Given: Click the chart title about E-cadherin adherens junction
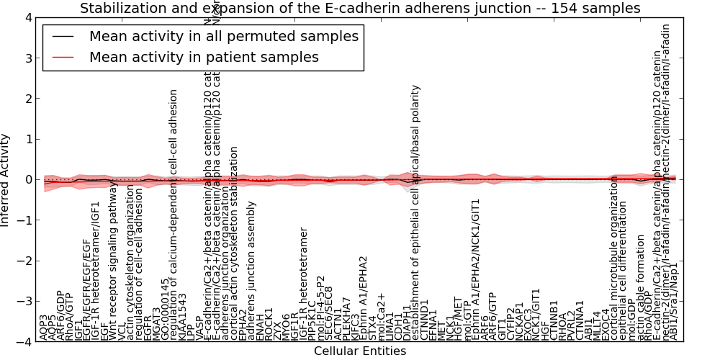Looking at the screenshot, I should click(x=360, y=9).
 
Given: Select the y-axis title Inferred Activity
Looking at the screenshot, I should click(x=6, y=179).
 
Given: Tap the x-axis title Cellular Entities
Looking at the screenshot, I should click(x=359, y=351).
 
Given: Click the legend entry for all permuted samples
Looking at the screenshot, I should click(x=223, y=36).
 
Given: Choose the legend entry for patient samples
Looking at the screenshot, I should click(x=203, y=57).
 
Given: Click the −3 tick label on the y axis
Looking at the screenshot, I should click(x=26, y=302).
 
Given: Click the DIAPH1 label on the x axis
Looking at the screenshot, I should click(x=408, y=323).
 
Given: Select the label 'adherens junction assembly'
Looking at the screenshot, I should click(x=252, y=271).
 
